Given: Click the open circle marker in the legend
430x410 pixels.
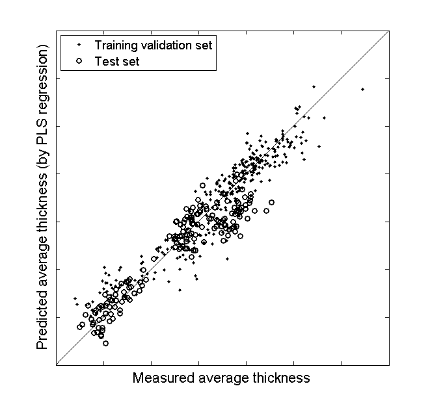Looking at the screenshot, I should click(x=79, y=61).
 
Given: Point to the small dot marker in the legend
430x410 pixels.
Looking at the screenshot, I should click(x=79, y=45).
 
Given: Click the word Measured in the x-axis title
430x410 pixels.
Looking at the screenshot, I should click(x=160, y=378).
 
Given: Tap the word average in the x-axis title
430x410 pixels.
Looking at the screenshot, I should click(x=220, y=378).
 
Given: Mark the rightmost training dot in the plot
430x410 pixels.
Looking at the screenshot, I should click(x=362, y=89).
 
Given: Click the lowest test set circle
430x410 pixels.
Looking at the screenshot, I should click(x=105, y=343).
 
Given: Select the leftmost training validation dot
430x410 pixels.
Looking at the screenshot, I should click(x=74, y=298).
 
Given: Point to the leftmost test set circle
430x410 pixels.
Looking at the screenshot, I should click(x=79, y=327).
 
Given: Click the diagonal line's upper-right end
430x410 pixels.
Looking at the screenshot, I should click(x=388, y=31).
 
